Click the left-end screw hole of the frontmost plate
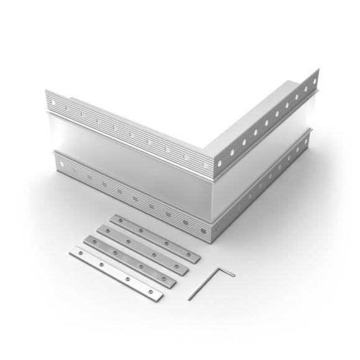[77, 253]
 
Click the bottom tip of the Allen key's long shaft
[189, 299]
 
